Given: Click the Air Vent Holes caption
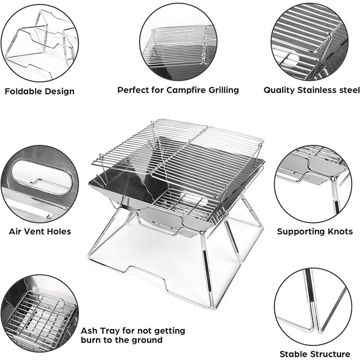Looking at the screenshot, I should click(x=40, y=231).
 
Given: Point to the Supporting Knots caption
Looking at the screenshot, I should click(x=315, y=231).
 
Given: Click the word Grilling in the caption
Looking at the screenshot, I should click(x=223, y=90).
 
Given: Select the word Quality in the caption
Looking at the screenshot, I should click(x=280, y=90).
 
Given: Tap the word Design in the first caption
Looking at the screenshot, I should click(x=60, y=92).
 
